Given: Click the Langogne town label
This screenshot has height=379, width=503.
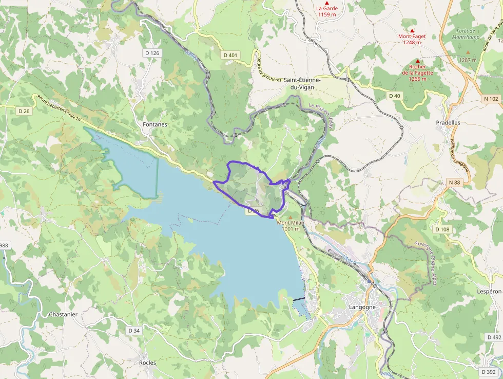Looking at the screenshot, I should [362, 307].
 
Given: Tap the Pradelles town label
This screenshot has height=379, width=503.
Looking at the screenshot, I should [448, 123].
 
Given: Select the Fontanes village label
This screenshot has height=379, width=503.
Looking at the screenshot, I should [154, 124].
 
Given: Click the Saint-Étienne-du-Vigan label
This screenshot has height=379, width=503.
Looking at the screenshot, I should [302, 83].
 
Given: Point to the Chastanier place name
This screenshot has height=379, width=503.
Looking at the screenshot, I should [63, 314].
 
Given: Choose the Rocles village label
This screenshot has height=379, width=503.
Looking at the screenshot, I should [147, 363].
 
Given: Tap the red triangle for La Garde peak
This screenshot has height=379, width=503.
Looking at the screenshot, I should [326, 3].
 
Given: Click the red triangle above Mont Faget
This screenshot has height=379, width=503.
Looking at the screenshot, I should [412, 30].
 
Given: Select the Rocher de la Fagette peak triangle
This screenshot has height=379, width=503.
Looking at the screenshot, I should [417, 61].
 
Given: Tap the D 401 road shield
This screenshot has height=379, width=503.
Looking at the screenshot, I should [231, 55].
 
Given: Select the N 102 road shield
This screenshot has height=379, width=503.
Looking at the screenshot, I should [491, 99].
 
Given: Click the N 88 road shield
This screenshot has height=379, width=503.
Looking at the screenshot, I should [454, 183].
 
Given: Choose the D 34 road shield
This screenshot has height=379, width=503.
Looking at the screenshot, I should [134, 330].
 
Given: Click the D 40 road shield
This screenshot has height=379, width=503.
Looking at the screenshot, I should [394, 96].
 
